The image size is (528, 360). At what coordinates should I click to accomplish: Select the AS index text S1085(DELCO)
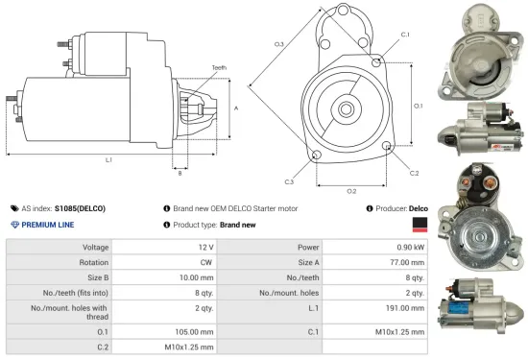[x=79, y=207]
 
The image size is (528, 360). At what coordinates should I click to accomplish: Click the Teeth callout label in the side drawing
[x=219, y=67]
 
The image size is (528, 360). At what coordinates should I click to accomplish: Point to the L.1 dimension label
[x=108, y=158]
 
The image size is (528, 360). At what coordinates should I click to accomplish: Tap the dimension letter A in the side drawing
[x=236, y=108]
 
